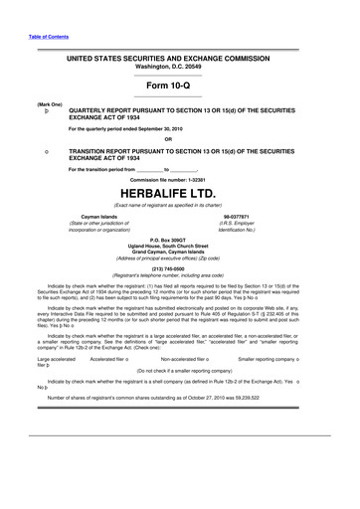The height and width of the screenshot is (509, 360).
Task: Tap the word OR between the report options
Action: point(180,138)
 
